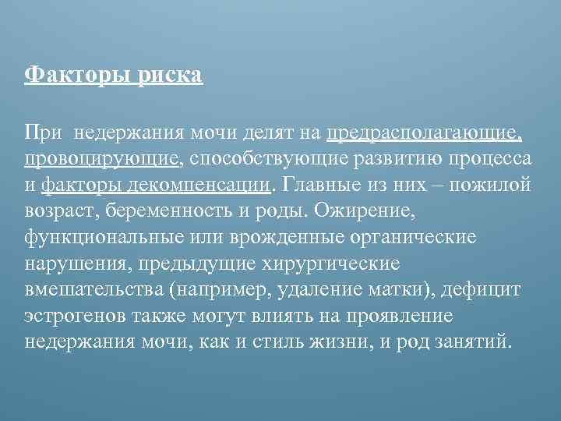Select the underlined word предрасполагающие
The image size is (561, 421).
(x=425, y=133)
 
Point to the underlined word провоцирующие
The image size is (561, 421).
(x=102, y=160)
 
